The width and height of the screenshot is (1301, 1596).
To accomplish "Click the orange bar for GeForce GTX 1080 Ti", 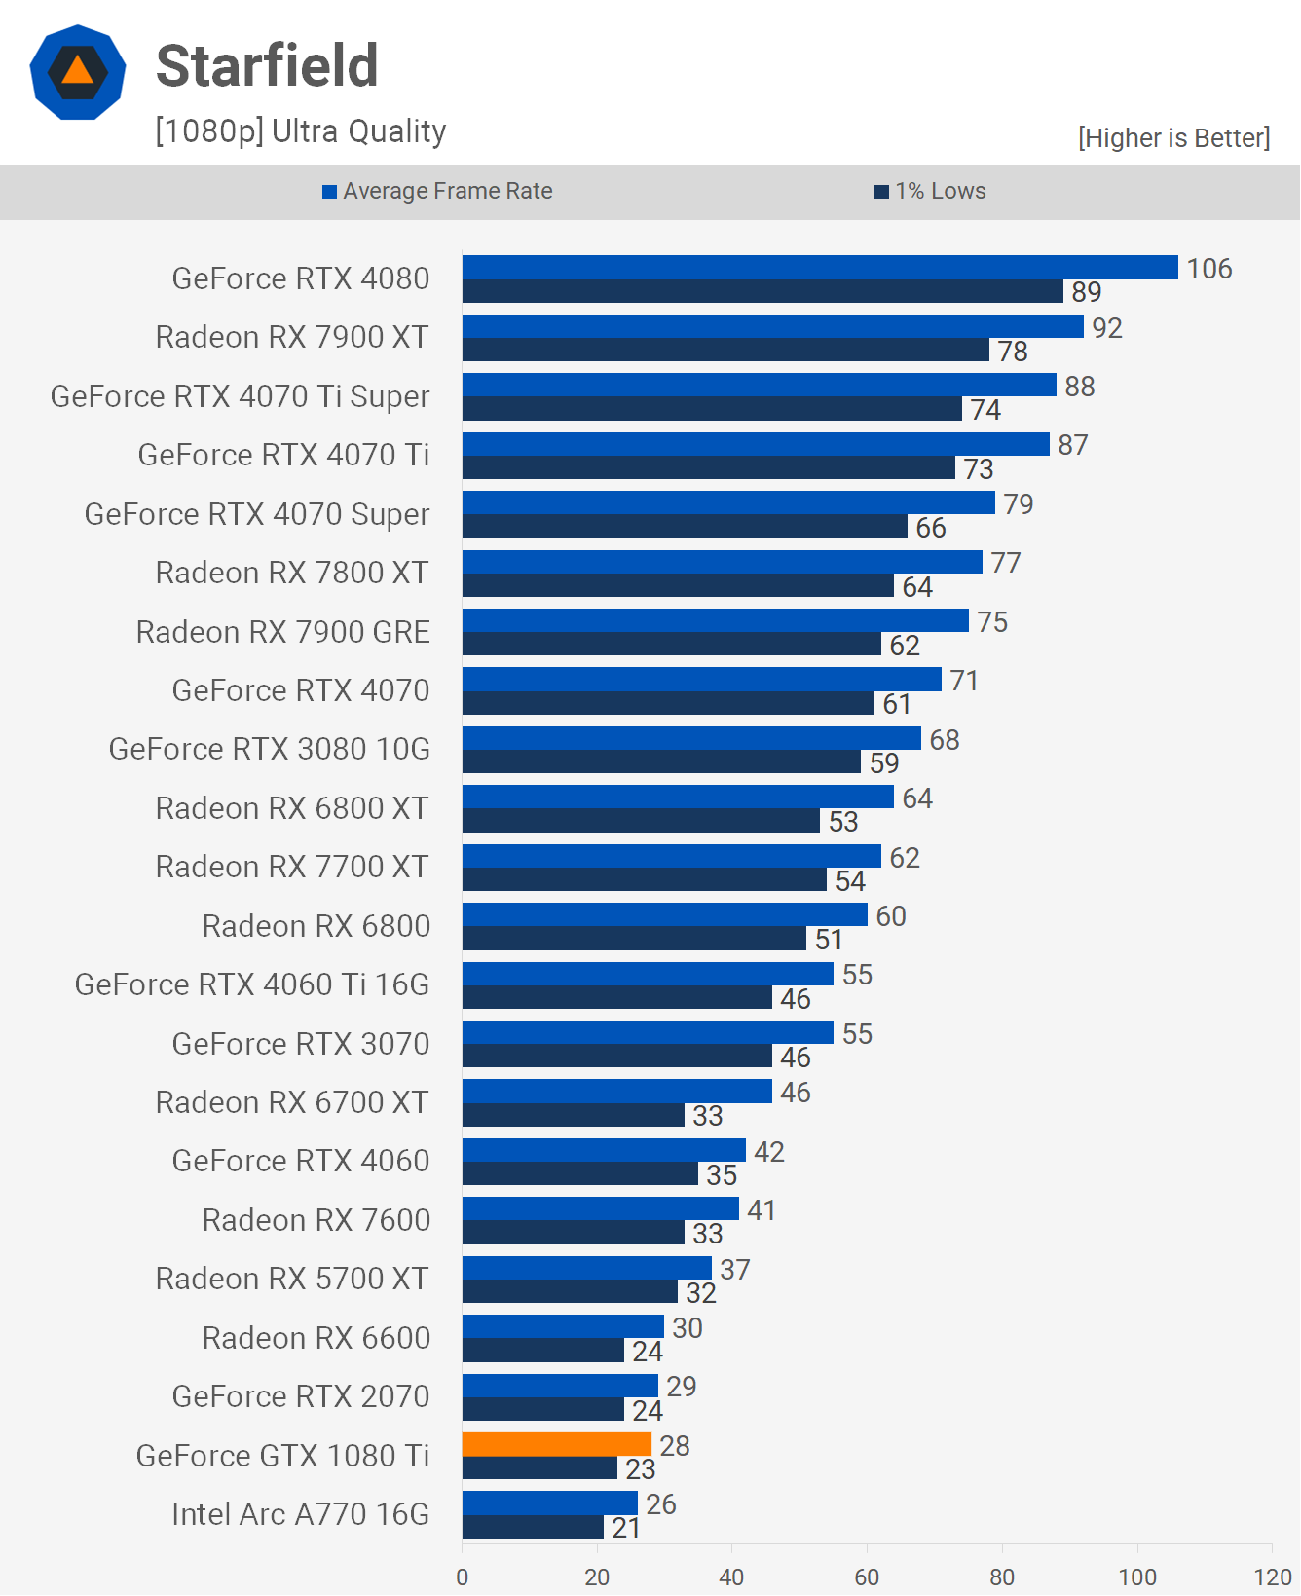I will point(556,1444).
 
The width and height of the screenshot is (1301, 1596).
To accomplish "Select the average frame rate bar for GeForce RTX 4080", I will point(820,268).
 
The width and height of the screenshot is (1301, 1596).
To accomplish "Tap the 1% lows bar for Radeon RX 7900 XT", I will point(725,351).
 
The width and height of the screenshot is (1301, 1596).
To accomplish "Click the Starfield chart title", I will point(267,66).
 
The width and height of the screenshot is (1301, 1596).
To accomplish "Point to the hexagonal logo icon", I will point(78,72).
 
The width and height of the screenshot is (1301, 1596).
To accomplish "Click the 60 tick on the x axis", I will point(867,1577).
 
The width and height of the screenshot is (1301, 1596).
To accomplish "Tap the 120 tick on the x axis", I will point(1272,1577).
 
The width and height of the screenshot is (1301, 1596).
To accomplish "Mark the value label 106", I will point(1209,269).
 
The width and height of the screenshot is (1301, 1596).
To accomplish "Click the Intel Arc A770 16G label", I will point(300,1514).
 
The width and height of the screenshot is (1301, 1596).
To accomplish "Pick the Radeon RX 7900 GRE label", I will point(282,632).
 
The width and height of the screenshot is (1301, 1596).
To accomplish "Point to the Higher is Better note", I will point(1173,138).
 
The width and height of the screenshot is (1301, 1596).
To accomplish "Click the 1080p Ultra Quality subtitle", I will point(300,131).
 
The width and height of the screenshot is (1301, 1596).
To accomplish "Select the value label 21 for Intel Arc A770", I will point(626,1528).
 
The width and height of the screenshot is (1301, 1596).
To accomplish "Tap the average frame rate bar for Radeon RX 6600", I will point(563,1326).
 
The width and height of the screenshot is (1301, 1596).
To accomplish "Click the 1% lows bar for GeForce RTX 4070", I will point(668,703).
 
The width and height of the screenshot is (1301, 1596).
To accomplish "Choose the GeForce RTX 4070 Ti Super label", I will point(240,396).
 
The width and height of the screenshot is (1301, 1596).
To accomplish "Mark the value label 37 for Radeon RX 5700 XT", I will point(735,1270).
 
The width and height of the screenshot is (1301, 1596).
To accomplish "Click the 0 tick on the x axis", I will point(463,1577).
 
